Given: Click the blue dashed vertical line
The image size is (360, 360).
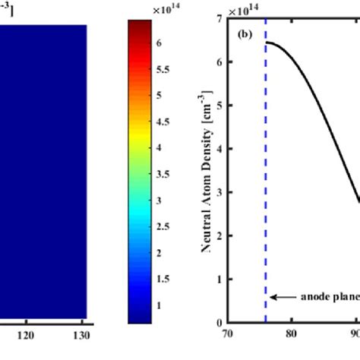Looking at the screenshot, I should click(x=265, y=190).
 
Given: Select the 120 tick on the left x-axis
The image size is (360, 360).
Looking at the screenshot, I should click(x=27, y=335).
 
